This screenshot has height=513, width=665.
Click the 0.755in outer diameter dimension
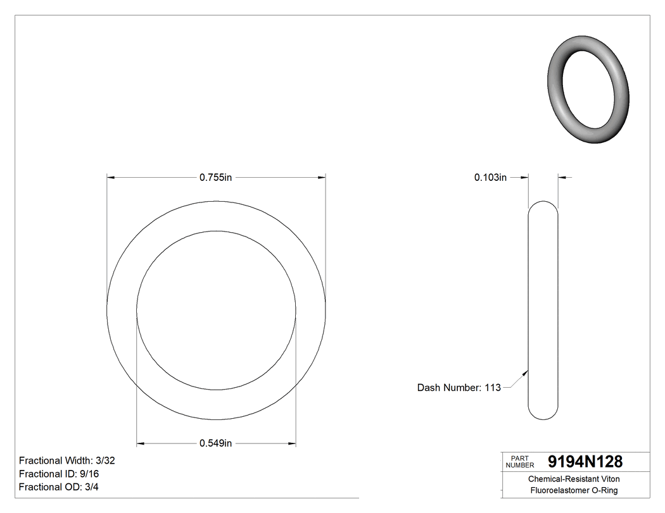coord(216,178)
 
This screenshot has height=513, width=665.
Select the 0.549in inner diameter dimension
coord(216,443)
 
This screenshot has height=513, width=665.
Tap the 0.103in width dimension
coord(490,178)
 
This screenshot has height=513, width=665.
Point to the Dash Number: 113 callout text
coord(459,388)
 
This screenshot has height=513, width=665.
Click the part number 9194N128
coord(585,462)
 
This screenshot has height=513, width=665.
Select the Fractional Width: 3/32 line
coord(66,460)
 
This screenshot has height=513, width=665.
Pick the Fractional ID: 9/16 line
coord(59,474)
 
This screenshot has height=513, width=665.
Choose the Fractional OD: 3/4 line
coord(58,487)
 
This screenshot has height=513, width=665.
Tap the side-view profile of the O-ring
coord(543,310)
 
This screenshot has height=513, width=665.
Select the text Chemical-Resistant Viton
coord(574,479)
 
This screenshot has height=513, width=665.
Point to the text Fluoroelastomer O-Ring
coord(574,491)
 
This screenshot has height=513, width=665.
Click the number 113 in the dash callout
coord(492,388)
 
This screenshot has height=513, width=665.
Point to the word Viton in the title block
coord(609,479)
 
